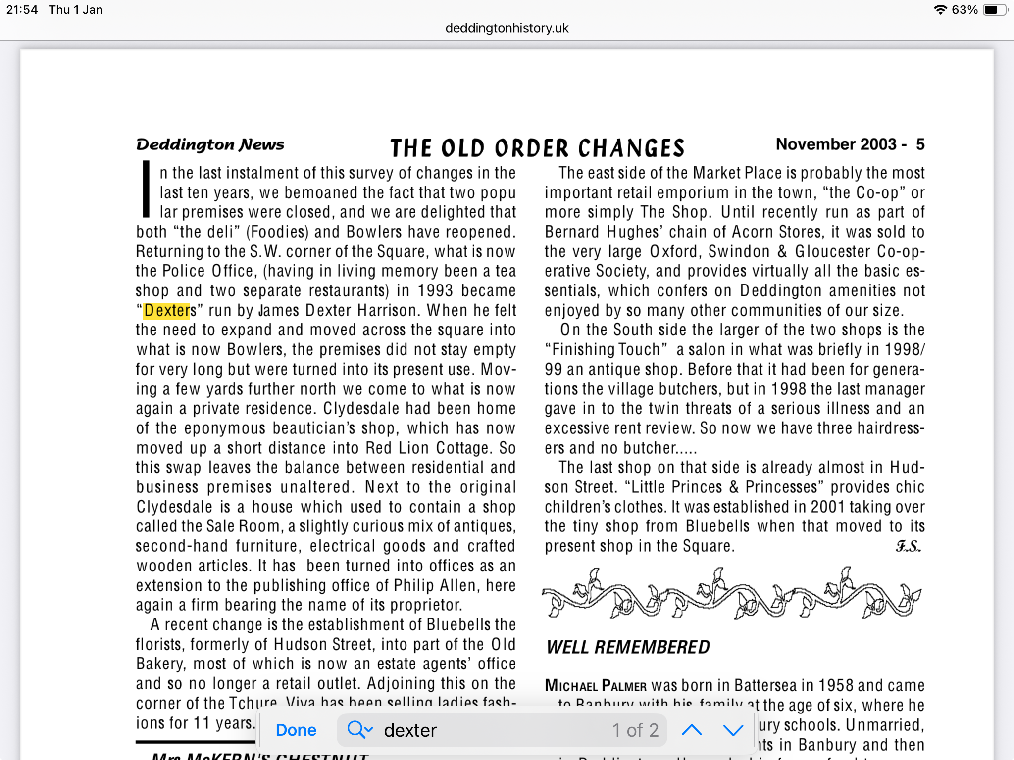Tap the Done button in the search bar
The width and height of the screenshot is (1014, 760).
pos(296,730)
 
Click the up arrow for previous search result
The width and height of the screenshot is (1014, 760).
pos(692,730)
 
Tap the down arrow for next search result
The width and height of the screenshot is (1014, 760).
pos(733,730)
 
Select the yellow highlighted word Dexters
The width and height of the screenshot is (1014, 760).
pos(167,311)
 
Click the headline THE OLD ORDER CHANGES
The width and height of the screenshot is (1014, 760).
pos(537,148)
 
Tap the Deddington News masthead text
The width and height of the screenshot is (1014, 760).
pos(210,144)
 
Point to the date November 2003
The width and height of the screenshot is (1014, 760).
pos(836,144)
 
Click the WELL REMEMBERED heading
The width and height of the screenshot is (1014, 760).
pos(628,647)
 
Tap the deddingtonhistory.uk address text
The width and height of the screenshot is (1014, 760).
pos(507,28)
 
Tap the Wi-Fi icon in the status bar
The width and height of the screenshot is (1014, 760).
pos(940,10)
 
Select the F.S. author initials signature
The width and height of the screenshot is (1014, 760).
pos(908,546)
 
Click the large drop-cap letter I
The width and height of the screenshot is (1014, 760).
pos(146,189)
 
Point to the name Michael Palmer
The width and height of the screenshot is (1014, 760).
pos(596,686)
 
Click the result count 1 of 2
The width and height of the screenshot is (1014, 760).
pos(635,730)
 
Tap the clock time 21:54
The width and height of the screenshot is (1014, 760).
pos(22,10)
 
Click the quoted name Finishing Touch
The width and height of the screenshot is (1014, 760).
pos(606,350)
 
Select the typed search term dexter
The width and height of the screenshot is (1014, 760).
pos(410,730)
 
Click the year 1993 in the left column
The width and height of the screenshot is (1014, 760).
pos(435,291)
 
